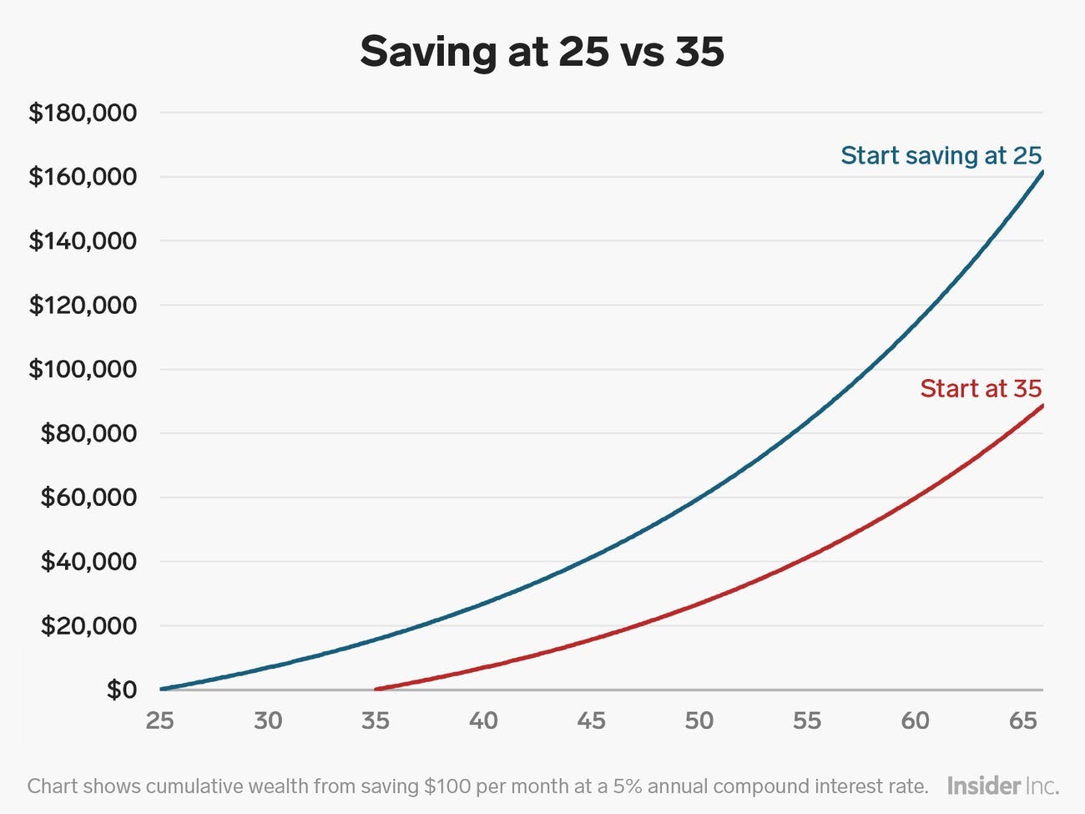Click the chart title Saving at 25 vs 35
(x=542, y=52)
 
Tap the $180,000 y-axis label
(x=83, y=113)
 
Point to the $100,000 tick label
(x=83, y=369)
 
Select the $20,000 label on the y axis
(x=88, y=625)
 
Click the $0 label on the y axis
(x=121, y=690)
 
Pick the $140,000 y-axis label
(x=83, y=241)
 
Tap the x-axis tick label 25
(x=159, y=720)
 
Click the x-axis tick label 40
(x=483, y=720)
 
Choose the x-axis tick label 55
(x=807, y=720)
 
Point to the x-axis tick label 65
(x=1022, y=720)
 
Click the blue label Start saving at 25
(x=941, y=155)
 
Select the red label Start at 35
(x=981, y=388)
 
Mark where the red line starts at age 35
(x=376, y=690)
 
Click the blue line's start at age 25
(x=161, y=690)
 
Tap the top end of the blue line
(x=1042, y=171)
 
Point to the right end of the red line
(x=1042, y=405)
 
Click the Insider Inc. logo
(x=1002, y=786)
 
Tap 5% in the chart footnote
(x=631, y=786)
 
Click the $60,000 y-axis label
(x=88, y=498)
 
